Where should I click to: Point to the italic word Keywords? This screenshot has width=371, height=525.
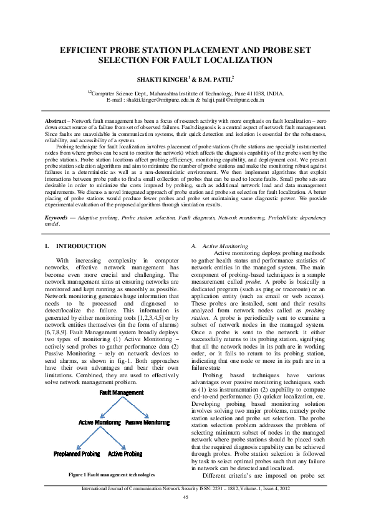pyautogui.click(x=59, y=200)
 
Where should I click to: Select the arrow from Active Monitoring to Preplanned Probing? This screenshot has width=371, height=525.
pyautogui.click(x=87, y=438)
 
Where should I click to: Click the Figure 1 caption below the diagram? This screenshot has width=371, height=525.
pyautogui.click(x=111, y=475)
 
